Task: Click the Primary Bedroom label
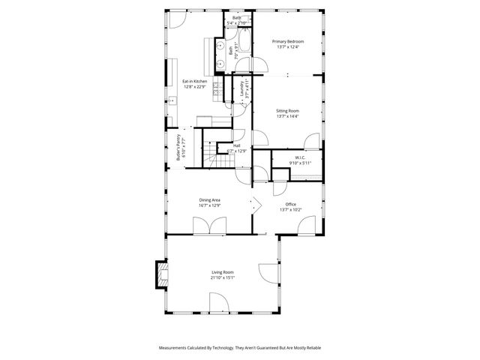(x=287, y=42)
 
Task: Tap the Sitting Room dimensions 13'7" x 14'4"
(x=287, y=116)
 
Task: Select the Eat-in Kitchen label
(x=195, y=81)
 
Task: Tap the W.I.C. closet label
(x=298, y=157)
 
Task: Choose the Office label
(x=290, y=204)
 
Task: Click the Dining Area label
(x=209, y=199)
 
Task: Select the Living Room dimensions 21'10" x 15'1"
(x=223, y=277)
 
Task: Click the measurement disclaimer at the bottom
(x=239, y=348)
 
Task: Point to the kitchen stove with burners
(x=217, y=92)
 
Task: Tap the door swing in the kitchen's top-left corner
(x=175, y=19)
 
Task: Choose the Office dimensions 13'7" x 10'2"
(x=290, y=209)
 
